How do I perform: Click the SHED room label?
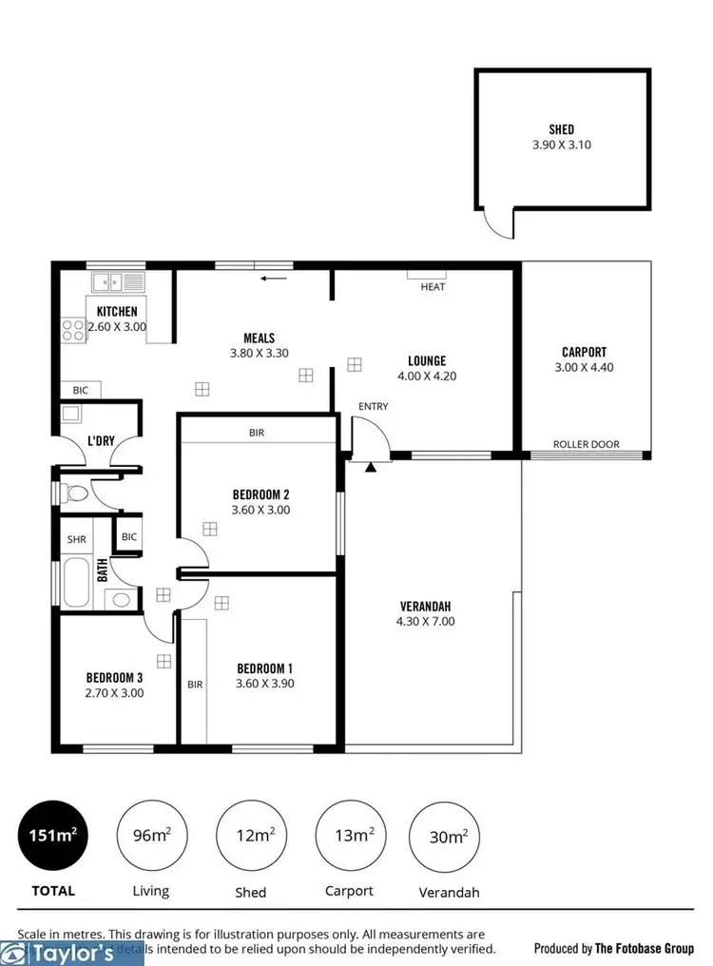(x=561, y=129)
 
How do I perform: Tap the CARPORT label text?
(x=584, y=352)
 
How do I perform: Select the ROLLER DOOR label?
(x=587, y=444)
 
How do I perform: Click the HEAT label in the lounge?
(x=433, y=286)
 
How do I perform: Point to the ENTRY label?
(x=373, y=407)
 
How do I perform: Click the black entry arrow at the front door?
(x=371, y=466)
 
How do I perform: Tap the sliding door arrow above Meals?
(x=274, y=279)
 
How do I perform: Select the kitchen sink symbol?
(x=117, y=281)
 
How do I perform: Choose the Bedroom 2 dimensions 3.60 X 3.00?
(x=260, y=510)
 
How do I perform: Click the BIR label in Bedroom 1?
(x=195, y=684)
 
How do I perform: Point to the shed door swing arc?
(x=495, y=224)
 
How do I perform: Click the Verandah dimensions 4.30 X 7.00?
(x=425, y=622)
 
